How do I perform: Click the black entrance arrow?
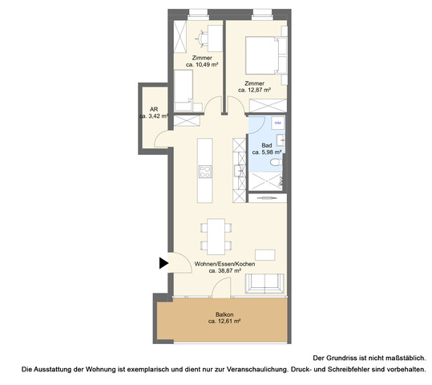pos(163,262)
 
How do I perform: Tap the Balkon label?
pos(224,314)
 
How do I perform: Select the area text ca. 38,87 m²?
pos(224,270)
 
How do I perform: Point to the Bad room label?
pos(266,144)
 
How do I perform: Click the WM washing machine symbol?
pos(277,124)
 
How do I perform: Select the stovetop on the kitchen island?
pos(205,171)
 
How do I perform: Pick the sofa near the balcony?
pos(265,283)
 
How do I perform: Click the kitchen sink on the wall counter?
pos(238,170)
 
